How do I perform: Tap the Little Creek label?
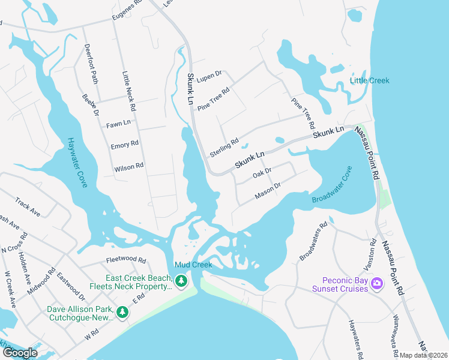coord(370,80)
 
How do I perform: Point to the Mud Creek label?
coord(193,265)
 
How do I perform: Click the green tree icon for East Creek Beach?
coord(181,280)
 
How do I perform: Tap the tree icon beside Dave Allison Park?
coord(122,312)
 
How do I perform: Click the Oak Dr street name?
coord(262,173)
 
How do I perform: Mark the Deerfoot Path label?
coord(91,64)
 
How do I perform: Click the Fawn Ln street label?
coord(118,124)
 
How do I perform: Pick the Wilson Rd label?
coord(129,167)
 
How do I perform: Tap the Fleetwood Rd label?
coord(126,260)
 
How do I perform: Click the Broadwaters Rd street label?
coord(313,242)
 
